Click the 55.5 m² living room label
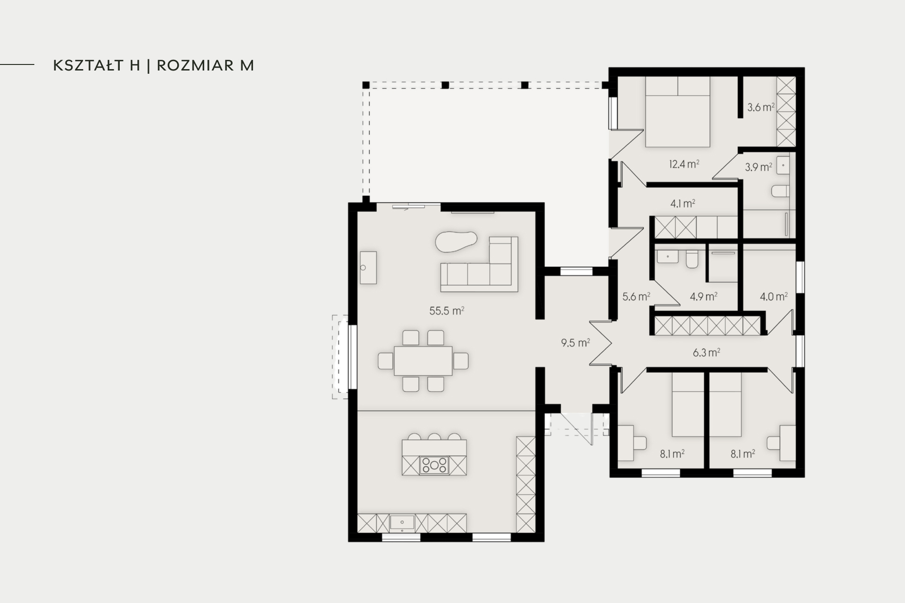click(446, 311)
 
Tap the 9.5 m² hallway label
click(575, 343)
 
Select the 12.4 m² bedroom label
click(684, 164)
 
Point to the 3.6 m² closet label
click(761, 108)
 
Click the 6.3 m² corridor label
click(706, 353)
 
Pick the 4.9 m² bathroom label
click(704, 296)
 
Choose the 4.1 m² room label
click(683, 203)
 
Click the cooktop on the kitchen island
click(434, 465)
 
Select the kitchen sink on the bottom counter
click(402, 523)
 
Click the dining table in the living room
click(423, 360)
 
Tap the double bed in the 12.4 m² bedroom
click(677, 112)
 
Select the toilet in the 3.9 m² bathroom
click(780, 191)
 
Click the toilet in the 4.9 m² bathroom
click(692, 260)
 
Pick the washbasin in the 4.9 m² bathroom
click(667, 256)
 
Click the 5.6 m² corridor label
click(636, 296)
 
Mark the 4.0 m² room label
click(774, 296)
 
